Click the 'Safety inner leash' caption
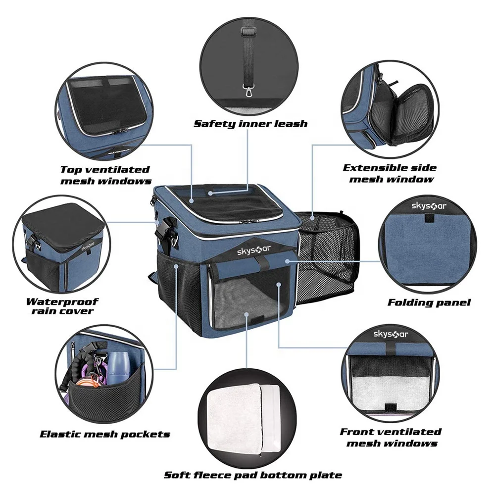(x=250, y=124)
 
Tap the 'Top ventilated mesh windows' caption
(x=105, y=175)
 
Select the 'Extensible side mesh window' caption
(x=391, y=173)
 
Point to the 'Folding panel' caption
(x=429, y=302)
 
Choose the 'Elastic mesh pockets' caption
(x=105, y=435)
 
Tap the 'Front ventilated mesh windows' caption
(x=391, y=437)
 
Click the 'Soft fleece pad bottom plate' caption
(x=253, y=475)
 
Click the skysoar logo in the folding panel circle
(x=427, y=205)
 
